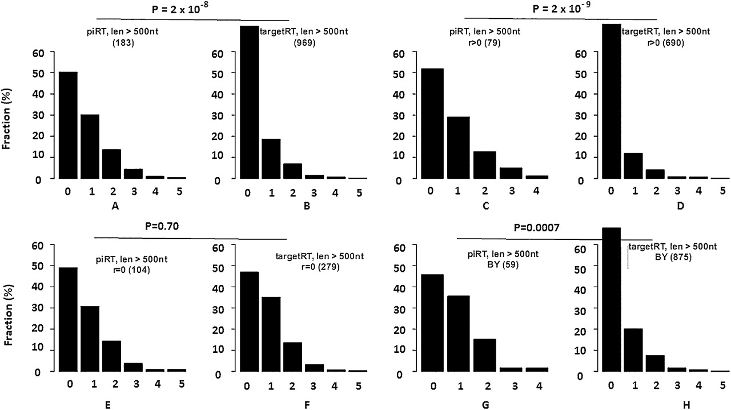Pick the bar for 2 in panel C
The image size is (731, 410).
pyautogui.click(x=484, y=165)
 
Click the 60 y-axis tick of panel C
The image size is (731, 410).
pyautogui.click(x=400, y=53)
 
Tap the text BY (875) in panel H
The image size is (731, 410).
pyautogui.click(x=672, y=257)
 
